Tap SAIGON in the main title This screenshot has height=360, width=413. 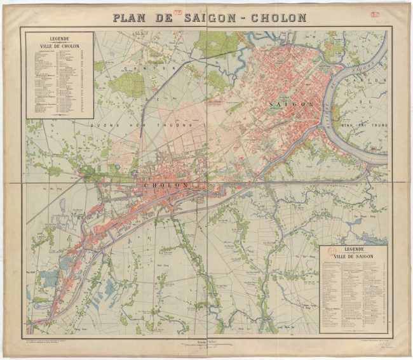[x=208, y=18]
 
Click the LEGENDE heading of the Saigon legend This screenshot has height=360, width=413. [x=351, y=250]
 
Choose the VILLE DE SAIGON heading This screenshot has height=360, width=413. [x=351, y=257]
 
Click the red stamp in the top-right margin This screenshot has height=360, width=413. [x=368, y=13]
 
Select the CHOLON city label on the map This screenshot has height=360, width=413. [x=168, y=185]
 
